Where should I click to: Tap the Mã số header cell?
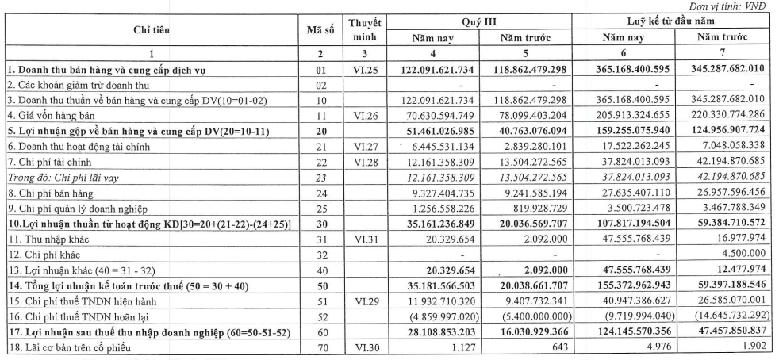coord(319,30)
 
